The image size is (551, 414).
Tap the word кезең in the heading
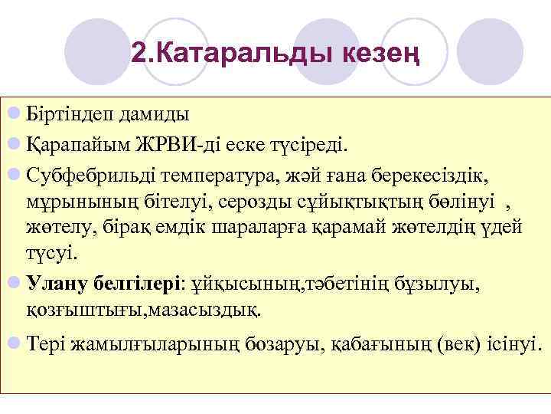(380, 54)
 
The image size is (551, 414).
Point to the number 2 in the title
(138, 53)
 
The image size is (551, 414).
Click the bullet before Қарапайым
(13, 143)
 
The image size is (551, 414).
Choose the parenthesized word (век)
(458, 343)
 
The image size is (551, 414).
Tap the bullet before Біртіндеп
(13, 115)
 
